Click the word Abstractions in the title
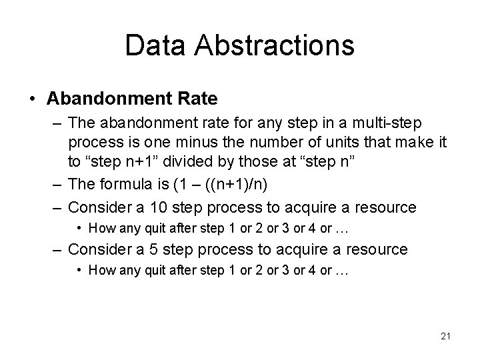[x=275, y=45]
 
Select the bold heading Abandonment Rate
[x=132, y=99]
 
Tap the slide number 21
[x=445, y=336]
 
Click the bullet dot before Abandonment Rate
[x=33, y=99]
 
